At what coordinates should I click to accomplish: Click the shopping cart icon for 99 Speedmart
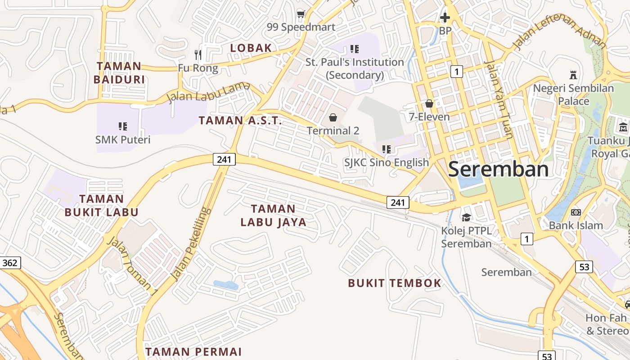[300, 14]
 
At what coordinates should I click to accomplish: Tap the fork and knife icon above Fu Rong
[198, 55]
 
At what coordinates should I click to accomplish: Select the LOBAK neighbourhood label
[251, 48]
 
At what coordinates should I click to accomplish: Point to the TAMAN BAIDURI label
[119, 73]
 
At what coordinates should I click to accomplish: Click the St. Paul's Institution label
[355, 68]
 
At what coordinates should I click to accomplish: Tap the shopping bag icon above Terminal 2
[333, 117]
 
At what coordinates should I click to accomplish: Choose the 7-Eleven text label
[429, 117]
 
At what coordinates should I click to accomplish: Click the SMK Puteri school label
[123, 139]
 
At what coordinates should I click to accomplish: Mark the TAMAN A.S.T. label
[240, 121]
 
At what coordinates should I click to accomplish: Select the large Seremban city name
[498, 169]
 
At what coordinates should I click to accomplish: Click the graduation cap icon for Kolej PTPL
[466, 217]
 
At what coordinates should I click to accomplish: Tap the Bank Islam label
[576, 225]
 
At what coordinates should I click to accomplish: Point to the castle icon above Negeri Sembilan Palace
[573, 75]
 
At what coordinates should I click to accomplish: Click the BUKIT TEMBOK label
[395, 283]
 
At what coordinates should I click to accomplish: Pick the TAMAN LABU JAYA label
[273, 215]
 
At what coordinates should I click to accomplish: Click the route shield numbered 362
[10, 263]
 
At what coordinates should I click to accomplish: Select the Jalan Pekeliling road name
[192, 243]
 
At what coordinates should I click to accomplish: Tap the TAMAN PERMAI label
[193, 352]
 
